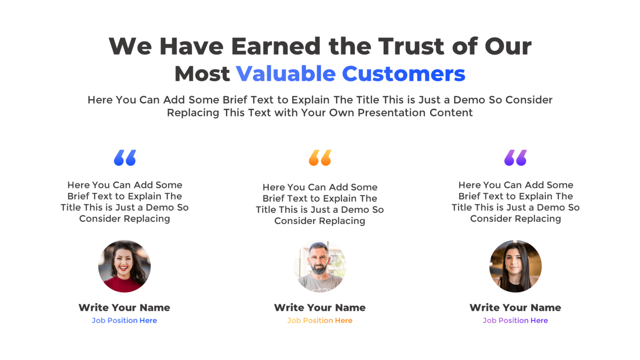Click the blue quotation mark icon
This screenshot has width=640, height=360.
click(x=125, y=158)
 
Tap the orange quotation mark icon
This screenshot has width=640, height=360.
click(x=320, y=158)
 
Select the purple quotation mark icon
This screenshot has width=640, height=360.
click(x=515, y=158)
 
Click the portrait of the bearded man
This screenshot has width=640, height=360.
click(x=320, y=266)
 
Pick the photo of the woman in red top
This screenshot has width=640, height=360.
click(x=125, y=266)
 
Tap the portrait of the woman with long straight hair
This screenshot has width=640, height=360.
click(x=515, y=266)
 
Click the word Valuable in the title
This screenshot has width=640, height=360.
click(x=285, y=74)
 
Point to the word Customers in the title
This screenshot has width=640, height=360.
click(x=403, y=74)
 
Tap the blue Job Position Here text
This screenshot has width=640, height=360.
click(x=125, y=320)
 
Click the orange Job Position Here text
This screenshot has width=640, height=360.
click(x=320, y=320)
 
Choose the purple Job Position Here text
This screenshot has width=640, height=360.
click(x=515, y=320)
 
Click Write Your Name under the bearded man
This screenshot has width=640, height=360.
click(x=320, y=307)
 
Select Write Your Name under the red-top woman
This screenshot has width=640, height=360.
click(x=125, y=307)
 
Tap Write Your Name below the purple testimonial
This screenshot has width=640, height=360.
click(x=515, y=307)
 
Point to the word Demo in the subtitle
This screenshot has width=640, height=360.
click(x=469, y=100)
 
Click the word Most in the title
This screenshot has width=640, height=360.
click(x=202, y=74)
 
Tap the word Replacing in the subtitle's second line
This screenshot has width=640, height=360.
click(x=193, y=113)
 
